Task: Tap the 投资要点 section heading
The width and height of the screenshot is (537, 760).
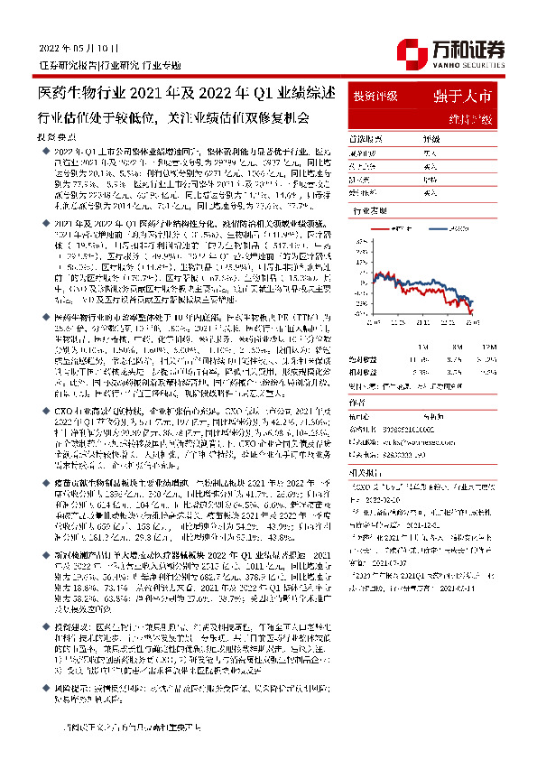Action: tap(57, 134)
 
